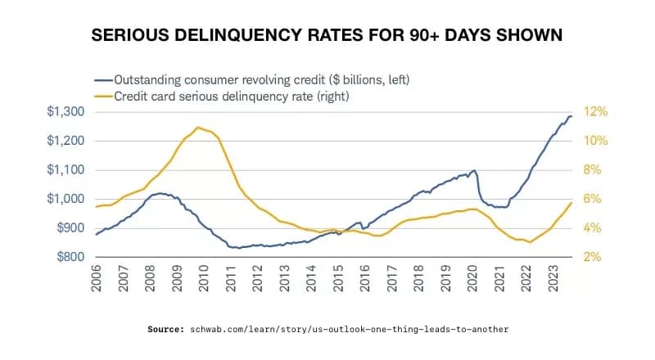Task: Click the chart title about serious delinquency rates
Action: click(x=327, y=37)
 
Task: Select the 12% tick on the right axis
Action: click(x=593, y=111)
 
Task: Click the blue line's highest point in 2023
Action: click(x=571, y=116)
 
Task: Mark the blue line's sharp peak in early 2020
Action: click(x=475, y=170)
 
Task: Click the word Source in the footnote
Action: click(x=166, y=329)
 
